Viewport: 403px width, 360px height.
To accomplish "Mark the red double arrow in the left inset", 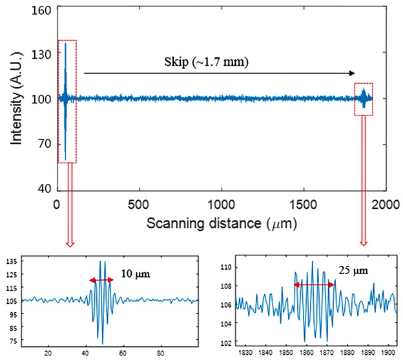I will click(101, 280).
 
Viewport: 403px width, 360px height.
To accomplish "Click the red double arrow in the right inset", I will click(315, 284).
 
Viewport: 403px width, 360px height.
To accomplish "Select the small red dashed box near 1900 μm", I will click(364, 99).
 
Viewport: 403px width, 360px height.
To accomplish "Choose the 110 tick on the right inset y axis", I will click(225, 266).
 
